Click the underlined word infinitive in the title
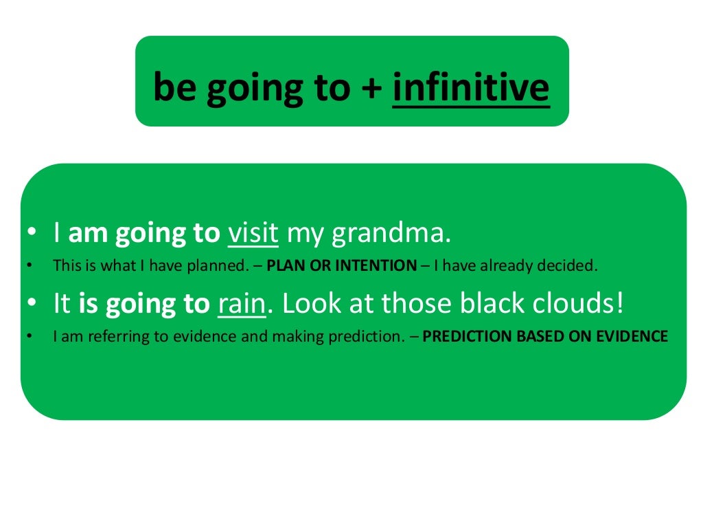(471, 88)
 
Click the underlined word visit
(253, 234)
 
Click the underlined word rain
(242, 305)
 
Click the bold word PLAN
(283, 266)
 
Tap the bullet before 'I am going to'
(31, 234)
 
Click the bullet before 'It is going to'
(31, 305)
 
